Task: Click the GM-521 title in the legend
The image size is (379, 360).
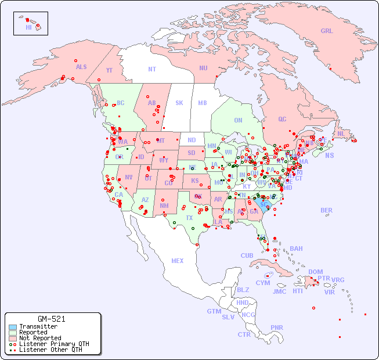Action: click(x=51, y=319)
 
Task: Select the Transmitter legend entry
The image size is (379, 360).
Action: click(x=38, y=327)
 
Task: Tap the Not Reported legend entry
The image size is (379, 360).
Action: click(x=39, y=338)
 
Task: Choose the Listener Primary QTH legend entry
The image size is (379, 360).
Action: click(x=53, y=344)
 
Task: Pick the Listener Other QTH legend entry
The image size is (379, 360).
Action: click(x=50, y=350)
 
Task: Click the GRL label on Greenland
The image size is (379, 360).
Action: click(x=327, y=31)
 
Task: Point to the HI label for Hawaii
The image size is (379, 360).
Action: click(x=28, y=27)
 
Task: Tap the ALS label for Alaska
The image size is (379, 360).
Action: click(x=81, y=67)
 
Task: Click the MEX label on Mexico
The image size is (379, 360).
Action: click(x=178, y=261)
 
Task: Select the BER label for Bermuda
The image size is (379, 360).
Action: click(x=327, y=210)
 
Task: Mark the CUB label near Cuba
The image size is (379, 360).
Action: click(x=247, y=255)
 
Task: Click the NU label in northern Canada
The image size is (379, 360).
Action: click(x=203, y=68)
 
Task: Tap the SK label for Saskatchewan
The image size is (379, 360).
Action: click(x=179, y=103)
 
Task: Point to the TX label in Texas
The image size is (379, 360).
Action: click(x=189, y=218)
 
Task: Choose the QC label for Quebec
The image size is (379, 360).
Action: click(x=282, y=119)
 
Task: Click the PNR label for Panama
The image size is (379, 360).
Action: click(x=277, y=327)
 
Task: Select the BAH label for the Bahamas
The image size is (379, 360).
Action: click(x=296, y=249)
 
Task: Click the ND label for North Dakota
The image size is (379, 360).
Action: click(x=192, y=140)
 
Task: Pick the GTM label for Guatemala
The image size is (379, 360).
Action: click(x=214, y=311)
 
